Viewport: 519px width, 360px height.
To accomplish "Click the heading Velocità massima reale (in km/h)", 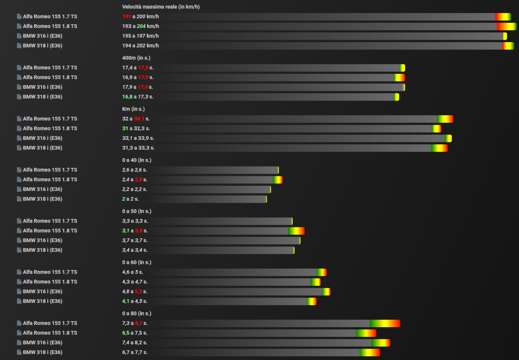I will [161, 7].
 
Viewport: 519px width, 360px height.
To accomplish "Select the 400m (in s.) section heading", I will [136, 58].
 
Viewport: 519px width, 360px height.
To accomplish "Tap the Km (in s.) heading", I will [133, 109].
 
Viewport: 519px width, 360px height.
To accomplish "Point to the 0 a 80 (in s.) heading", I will [136, 313].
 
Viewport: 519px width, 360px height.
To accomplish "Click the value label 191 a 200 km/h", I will [140, 17].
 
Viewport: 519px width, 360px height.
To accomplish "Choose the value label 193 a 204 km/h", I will [140, 26].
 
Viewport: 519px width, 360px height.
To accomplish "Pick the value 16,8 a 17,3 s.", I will [137, 97].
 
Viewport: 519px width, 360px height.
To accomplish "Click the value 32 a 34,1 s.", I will [136, 119].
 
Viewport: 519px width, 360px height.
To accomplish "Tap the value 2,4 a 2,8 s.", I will [135, 180].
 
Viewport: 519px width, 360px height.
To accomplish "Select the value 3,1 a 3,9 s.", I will [135, 231].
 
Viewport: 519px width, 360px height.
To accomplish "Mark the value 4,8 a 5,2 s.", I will [135, 291].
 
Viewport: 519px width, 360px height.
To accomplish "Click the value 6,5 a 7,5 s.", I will [135, 333].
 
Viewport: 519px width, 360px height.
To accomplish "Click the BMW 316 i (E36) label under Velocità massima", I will [42, 36].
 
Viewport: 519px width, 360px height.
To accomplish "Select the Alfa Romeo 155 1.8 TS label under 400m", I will [49, 77].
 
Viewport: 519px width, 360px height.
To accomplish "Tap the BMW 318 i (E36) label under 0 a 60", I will [42, 301].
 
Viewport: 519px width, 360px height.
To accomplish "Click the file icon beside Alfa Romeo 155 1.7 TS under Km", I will [19, 119].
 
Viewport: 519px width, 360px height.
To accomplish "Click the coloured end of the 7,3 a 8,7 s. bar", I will [385, 323].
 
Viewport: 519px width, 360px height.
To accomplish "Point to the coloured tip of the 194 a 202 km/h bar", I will [508, 46].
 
